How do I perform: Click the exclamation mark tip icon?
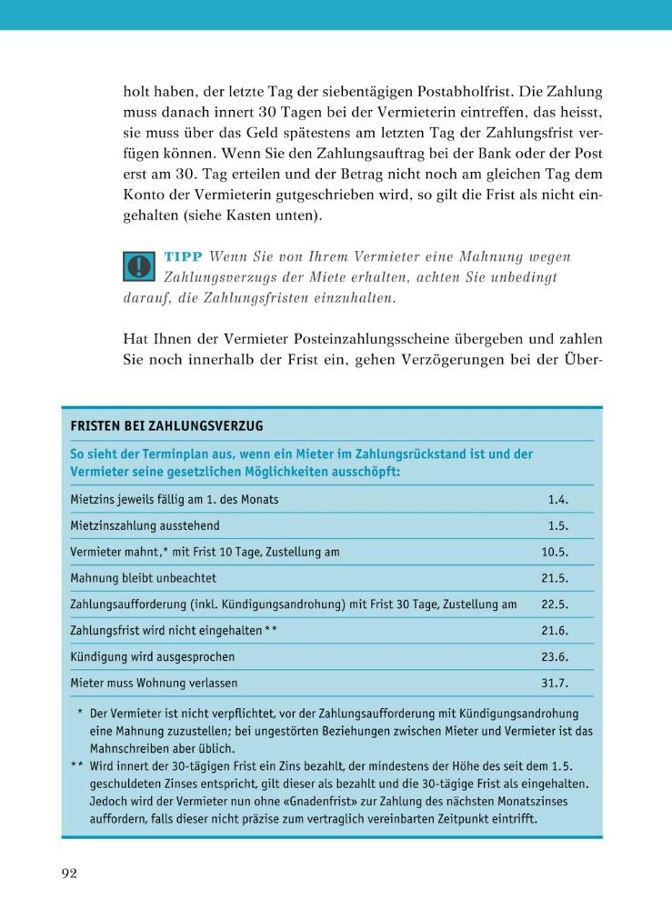tap(139, 265)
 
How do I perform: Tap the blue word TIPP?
tap(183, 257)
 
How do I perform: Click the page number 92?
tap(69, 874)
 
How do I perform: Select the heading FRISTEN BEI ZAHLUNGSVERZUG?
tap(166, 425)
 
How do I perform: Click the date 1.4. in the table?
tap(558, 499)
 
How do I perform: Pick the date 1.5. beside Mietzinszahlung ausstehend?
tap(558, 525)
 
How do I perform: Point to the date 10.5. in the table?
tap(555, 552)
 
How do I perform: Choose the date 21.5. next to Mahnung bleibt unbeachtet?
tap(555, 578)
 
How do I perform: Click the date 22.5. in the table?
tap(555, 604)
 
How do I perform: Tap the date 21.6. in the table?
tap(555, 630)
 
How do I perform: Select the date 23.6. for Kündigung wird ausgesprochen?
tap(555, 656)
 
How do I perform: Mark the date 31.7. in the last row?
tap(555, 683)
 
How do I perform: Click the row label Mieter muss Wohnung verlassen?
tap(154, 683)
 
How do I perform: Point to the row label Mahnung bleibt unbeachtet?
tap(143, 578)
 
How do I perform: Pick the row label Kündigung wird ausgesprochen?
tap(153, 656)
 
